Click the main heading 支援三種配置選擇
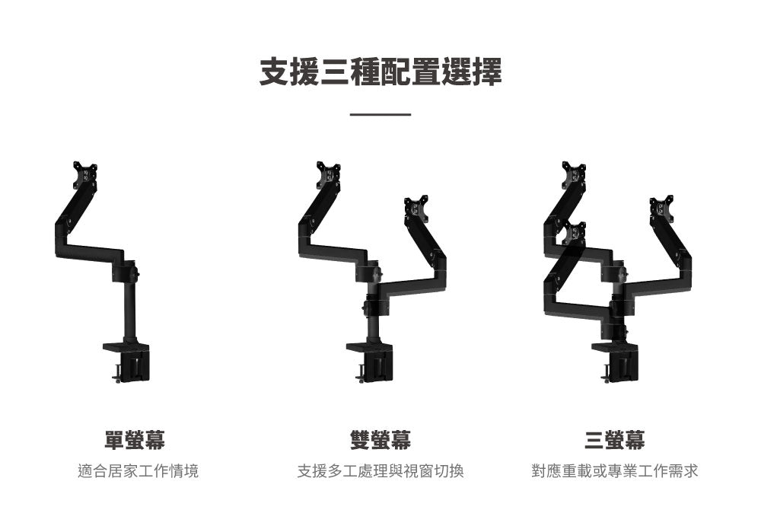coord(380,72)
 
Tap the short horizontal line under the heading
coord(380,115)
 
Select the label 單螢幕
coord(135,439)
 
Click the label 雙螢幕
coord(380,439)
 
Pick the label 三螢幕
coord(615,439)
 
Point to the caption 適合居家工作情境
coord(138,472)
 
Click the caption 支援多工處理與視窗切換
coord(380,472)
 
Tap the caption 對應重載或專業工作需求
coord(615,472)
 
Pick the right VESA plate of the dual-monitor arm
coord(416,209)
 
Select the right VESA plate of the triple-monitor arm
coord(661,209)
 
